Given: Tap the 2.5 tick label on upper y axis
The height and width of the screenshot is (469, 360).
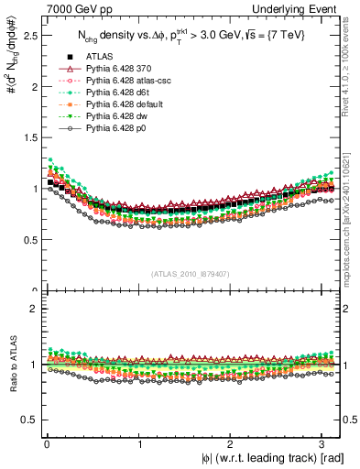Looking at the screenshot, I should [x=27, y=36].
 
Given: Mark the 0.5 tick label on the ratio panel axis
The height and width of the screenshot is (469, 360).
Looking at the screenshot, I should [x=27, y=420].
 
